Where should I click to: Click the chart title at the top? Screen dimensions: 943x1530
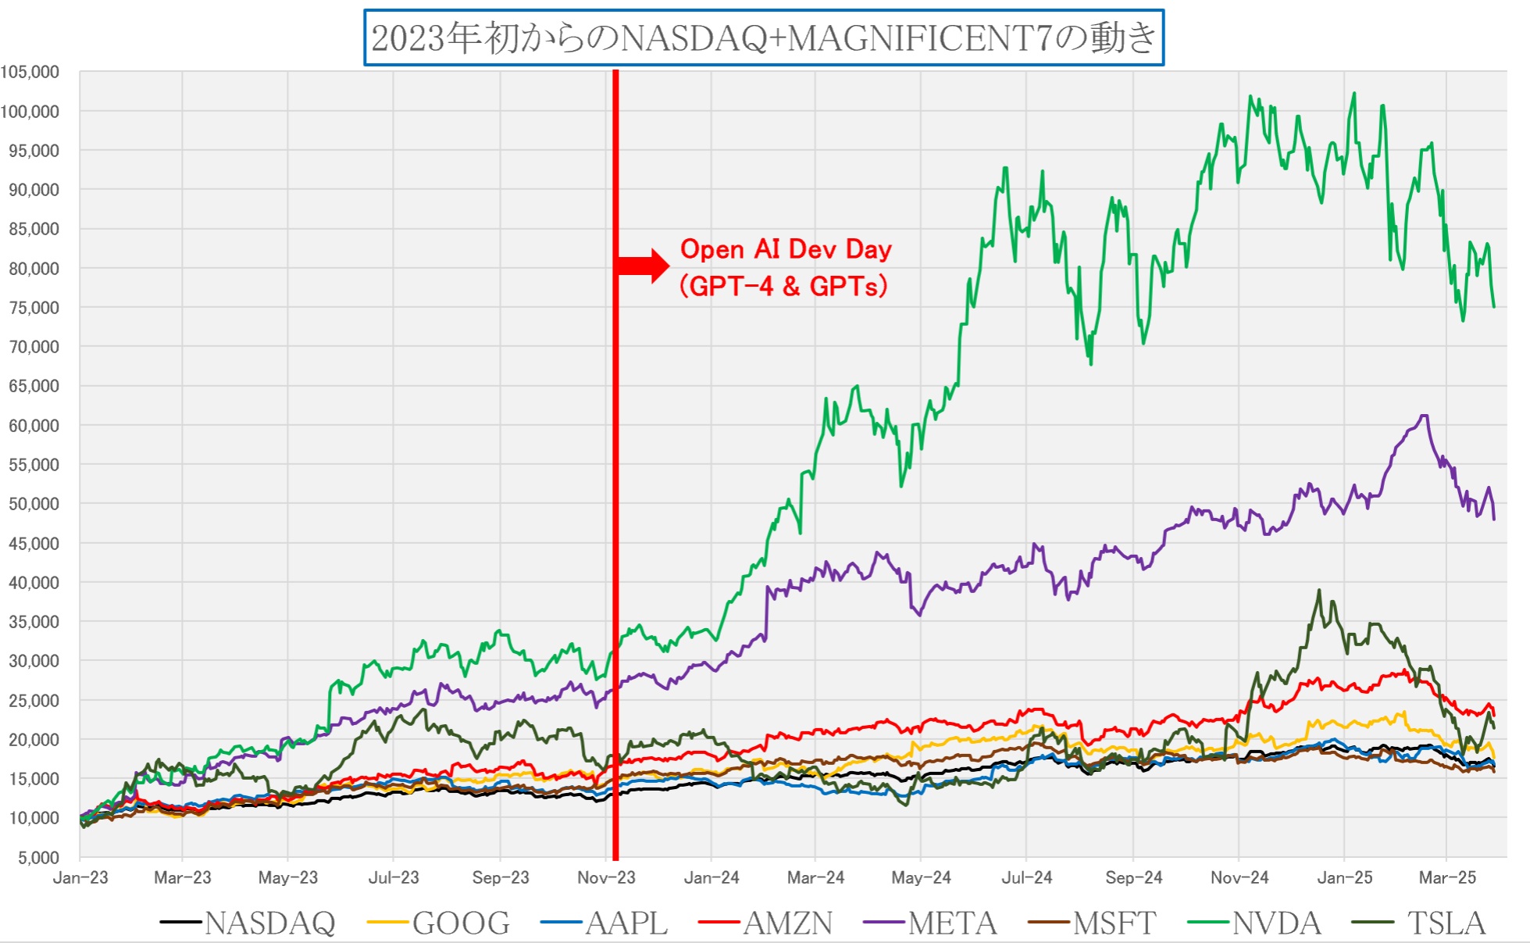(763, 38)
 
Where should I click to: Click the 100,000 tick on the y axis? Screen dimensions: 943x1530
(30, 112)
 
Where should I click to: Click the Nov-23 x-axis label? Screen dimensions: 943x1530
(606, 878)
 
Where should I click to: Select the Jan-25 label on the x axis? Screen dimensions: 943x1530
(1344, 878)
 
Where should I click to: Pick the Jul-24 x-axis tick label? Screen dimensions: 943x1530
(1026, 878)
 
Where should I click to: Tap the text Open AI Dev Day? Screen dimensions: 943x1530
(786, 249)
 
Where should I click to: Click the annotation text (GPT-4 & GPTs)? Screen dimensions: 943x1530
(783, 286)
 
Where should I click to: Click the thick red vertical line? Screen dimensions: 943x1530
(615, 469)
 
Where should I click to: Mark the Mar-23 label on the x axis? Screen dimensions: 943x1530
(183, 878)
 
